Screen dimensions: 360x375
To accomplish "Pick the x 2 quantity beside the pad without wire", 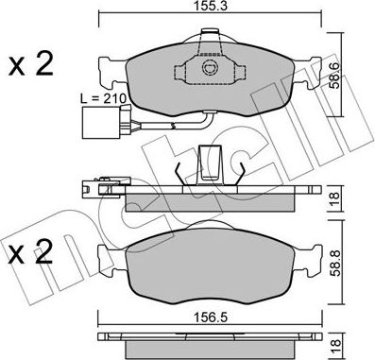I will pos(31,252).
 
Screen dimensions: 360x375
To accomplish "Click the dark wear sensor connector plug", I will pos(94,124).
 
